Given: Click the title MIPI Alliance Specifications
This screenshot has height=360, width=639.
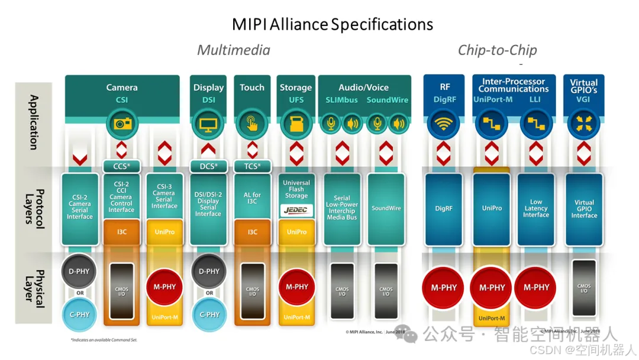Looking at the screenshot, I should point(332,24).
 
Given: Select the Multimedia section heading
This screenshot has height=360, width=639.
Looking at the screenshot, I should point(233,50).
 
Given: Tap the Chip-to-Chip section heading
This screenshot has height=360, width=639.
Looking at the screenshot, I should point(497,50).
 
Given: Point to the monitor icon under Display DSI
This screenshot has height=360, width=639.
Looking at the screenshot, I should point(208,124).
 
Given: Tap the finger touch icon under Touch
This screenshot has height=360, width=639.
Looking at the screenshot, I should point(252,124).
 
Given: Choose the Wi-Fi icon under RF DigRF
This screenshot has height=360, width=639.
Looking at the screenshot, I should point(444,124).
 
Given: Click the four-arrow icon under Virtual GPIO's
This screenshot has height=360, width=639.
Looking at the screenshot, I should point(583,124).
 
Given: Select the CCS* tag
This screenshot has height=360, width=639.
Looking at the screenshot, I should point(121,166).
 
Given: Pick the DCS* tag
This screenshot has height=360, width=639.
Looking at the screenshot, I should point(208,166).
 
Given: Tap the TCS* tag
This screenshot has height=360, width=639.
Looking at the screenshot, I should point(252,166).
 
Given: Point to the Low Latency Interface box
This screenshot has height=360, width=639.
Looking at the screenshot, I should point(536,208).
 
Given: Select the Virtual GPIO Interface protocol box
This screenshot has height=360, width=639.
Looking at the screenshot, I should point(584,208).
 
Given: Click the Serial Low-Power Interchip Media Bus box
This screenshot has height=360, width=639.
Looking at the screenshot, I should point(342,208).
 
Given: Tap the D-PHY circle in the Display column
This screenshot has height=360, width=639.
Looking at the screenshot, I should point(209,272).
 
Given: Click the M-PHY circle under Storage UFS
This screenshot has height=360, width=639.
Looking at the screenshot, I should point(296,287).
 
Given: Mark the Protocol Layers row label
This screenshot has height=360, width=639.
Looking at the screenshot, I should point(34,207).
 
